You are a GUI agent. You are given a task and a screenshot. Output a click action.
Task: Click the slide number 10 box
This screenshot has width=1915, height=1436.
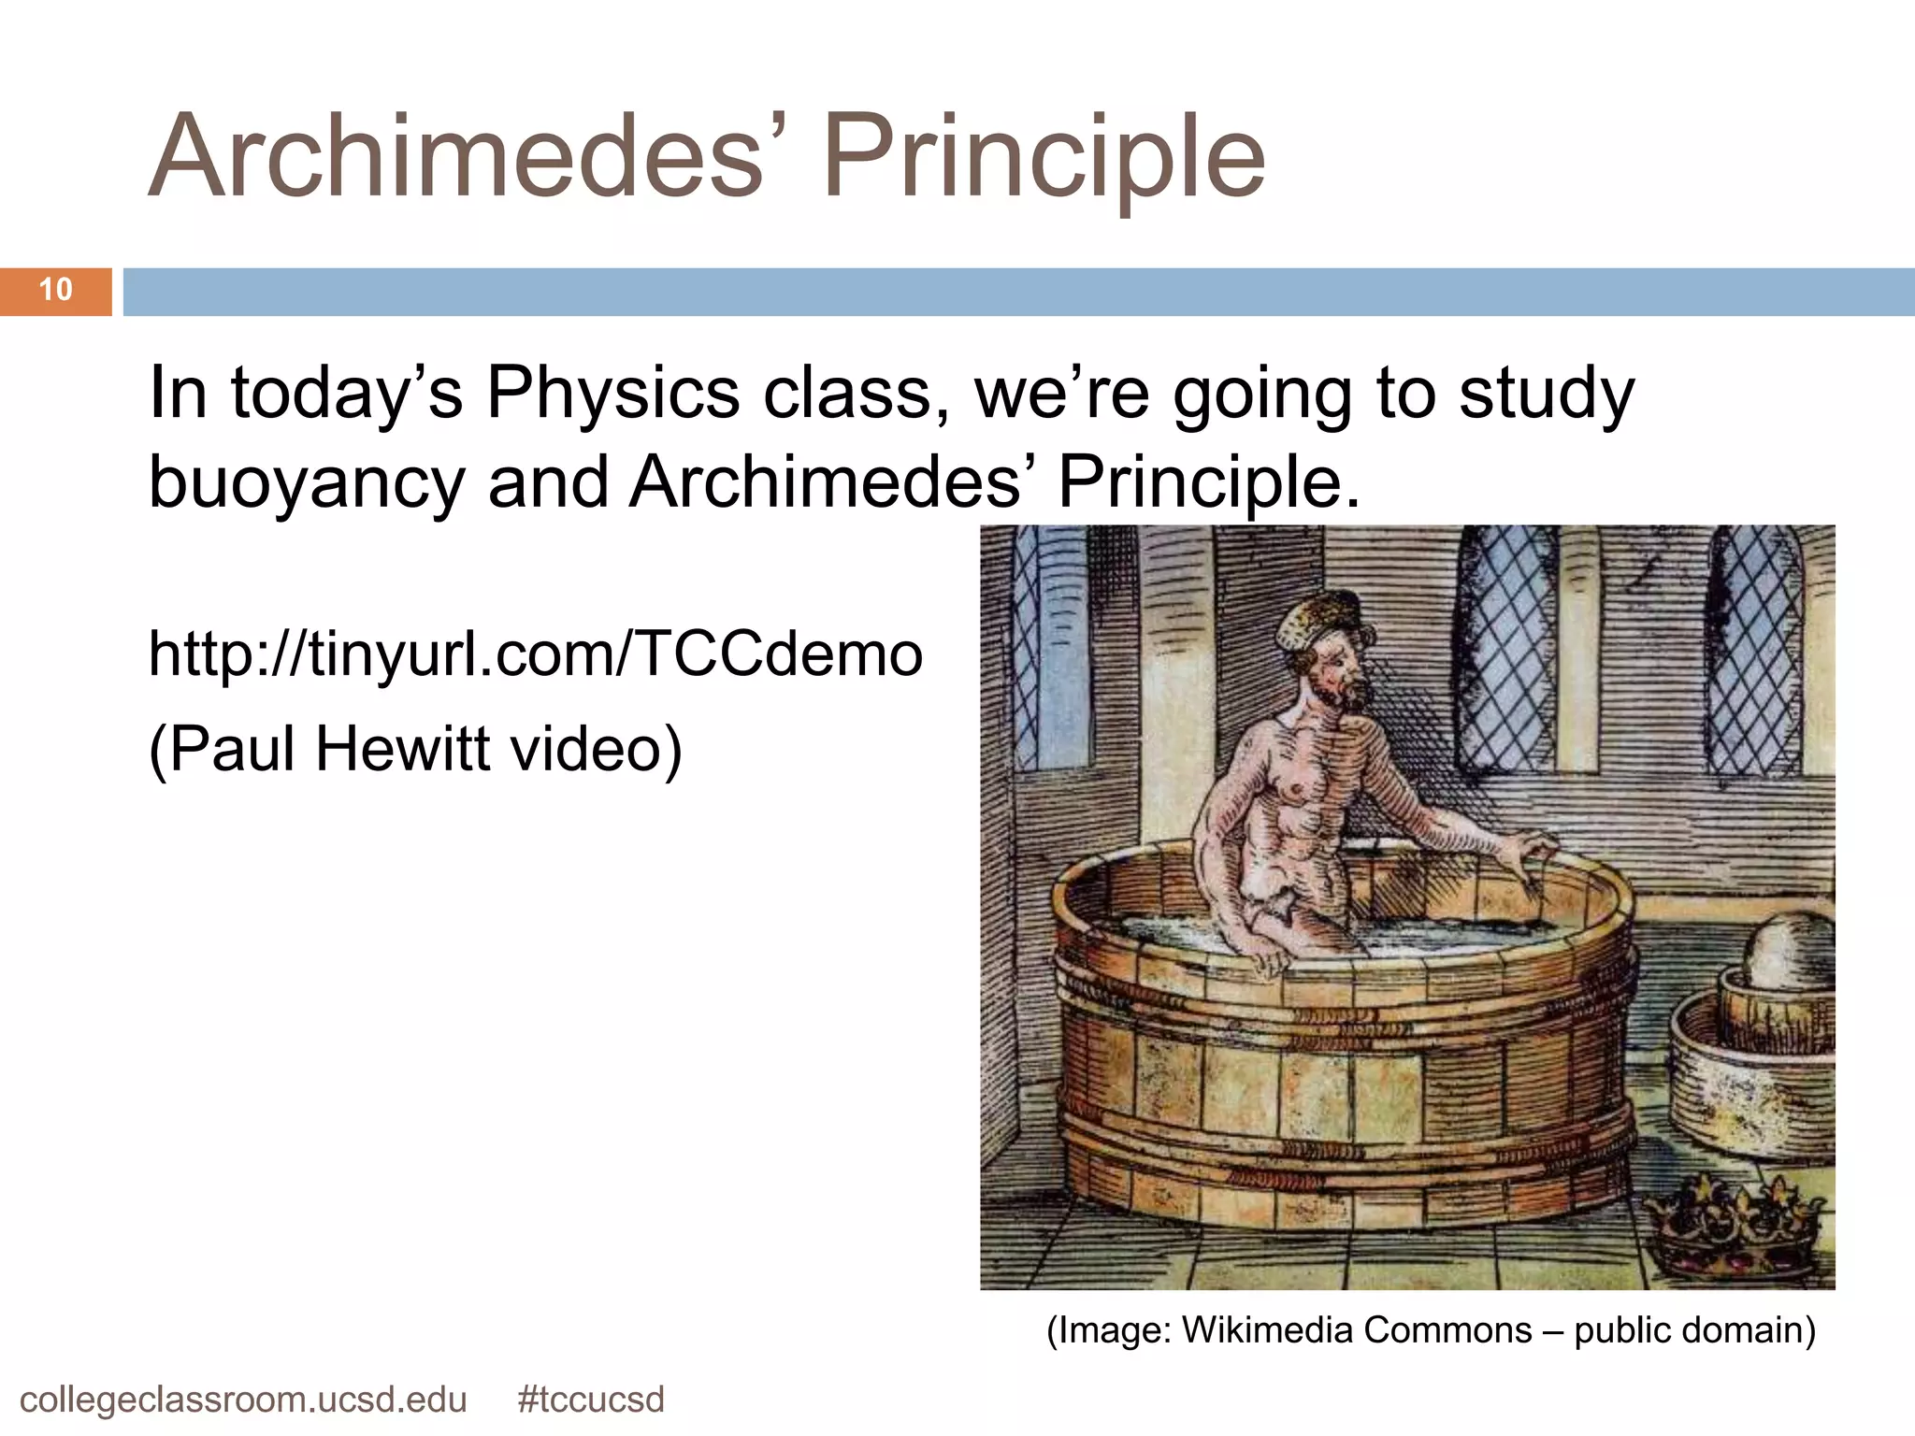(x=55, y=291)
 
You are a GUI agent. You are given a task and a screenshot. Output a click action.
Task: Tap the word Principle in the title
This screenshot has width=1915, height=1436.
(x=1044, y=157)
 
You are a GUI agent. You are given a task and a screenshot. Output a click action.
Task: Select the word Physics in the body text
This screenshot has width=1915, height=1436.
(x=612, y=394)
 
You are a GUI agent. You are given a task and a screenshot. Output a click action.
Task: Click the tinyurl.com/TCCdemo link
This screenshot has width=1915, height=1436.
(x=535, y=653)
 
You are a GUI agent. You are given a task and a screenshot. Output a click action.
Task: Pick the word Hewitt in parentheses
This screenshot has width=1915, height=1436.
(x=402, y=749)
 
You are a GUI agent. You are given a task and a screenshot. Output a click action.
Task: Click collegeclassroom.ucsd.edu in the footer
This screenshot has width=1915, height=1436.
(x=243, y=1400)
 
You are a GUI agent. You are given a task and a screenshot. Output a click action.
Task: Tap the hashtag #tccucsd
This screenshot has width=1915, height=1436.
(x=590, y=1400)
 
